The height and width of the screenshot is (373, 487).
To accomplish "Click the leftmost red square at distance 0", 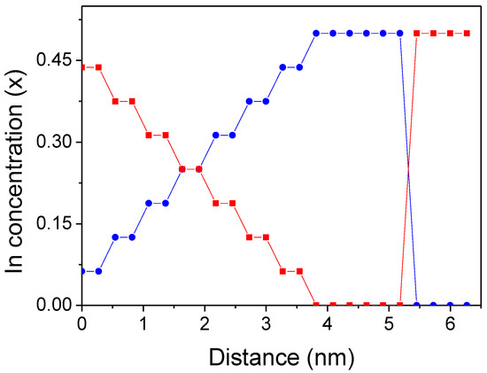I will (82, 67).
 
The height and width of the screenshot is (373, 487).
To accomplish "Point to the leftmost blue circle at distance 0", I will (82, 271).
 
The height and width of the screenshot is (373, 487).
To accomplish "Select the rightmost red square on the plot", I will (467, 34).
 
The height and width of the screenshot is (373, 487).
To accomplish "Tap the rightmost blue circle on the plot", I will (467, 305).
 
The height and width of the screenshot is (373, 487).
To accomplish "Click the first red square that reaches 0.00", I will (316, 305).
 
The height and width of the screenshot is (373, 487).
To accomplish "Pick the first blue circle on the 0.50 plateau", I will (316, 34).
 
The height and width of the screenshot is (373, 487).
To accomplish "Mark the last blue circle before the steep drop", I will (400, 34).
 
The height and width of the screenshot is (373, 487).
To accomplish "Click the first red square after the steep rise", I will (417, 34).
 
